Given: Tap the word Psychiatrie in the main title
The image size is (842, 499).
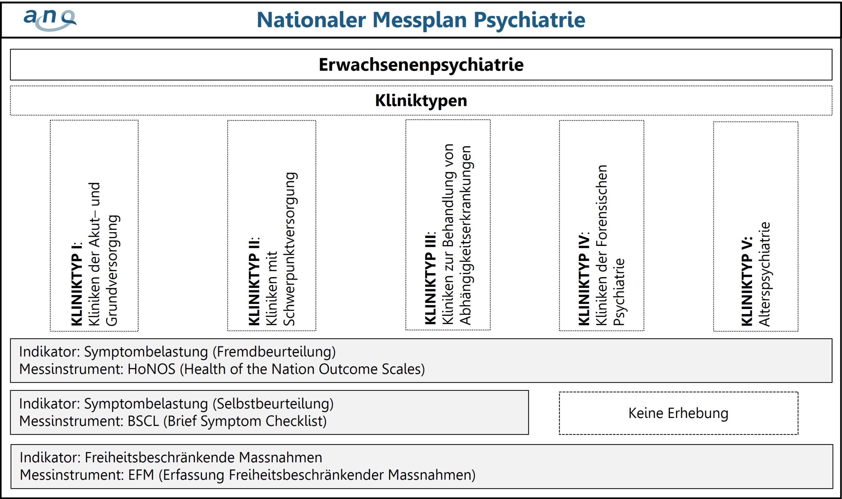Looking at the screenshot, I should pos(530,20).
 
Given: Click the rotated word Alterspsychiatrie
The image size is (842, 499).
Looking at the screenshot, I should pos(765,274).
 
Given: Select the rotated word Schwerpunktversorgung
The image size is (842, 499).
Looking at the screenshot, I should pos(289,249).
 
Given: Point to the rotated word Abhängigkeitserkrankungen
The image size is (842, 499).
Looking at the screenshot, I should pos(466,235).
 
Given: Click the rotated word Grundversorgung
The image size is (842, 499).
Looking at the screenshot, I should pos(112,270).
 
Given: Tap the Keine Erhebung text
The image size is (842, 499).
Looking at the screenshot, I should pos(678,413).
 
